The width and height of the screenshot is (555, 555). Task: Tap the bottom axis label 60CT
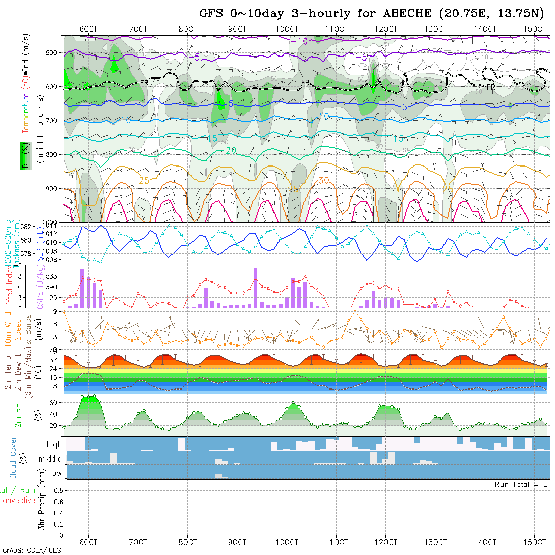(x=88, y=542)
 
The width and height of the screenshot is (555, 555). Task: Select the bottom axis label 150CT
(x=534, y=542)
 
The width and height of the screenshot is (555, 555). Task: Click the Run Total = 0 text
(x=521, y=484)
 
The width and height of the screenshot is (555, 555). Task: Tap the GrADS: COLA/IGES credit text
(x=31, y=550)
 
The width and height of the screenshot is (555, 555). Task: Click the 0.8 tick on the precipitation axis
(x=58, y=490)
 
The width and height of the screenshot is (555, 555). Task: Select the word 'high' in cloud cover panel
(x=54, y=445)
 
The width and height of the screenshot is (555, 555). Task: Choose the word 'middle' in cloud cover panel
(x=50, y=459)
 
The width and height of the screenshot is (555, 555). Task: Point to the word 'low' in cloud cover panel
(x=55, y=473)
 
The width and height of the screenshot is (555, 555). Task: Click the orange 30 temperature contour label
(x=324, y=181)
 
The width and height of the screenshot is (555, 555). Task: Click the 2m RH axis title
(x=18, y=415)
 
